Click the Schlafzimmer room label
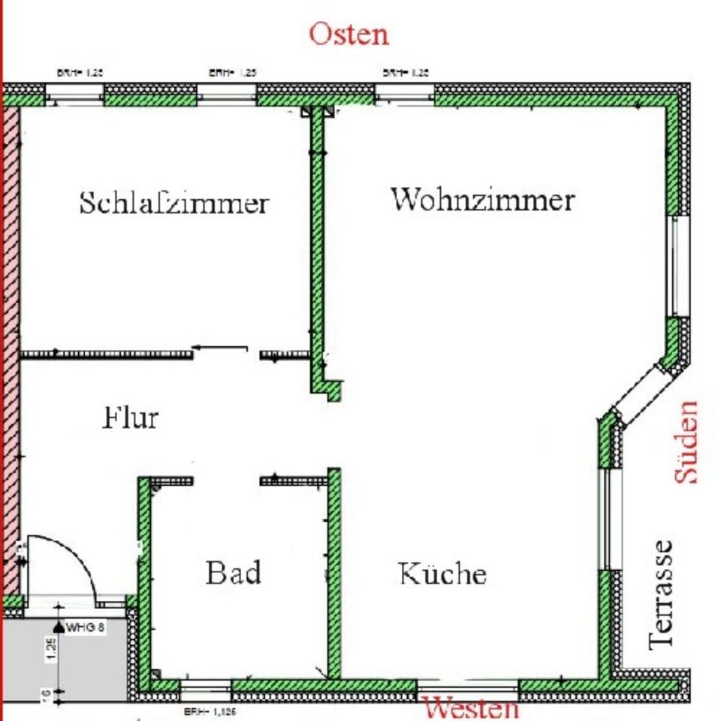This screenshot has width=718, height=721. [x=173, y=203]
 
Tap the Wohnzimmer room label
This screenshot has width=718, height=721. [x=482, y=200]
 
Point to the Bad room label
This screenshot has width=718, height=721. [x=234, y=573]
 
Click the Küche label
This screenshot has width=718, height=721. [x=442, y=574]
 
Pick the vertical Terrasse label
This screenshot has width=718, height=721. [x=661, y=593]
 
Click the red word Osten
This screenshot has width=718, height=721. [x=349, y=34]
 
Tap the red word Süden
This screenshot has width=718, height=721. [x=686, y=442]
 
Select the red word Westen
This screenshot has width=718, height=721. [x=472, y=708]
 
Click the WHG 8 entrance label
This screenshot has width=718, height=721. [x=84, y=626]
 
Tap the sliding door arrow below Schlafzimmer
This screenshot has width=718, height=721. [x=220, y=348]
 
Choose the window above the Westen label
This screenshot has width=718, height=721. [x=467, y=686]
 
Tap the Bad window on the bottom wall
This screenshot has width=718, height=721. [x=205, y=686]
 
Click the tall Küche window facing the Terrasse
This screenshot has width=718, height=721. [x=610, y=518]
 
